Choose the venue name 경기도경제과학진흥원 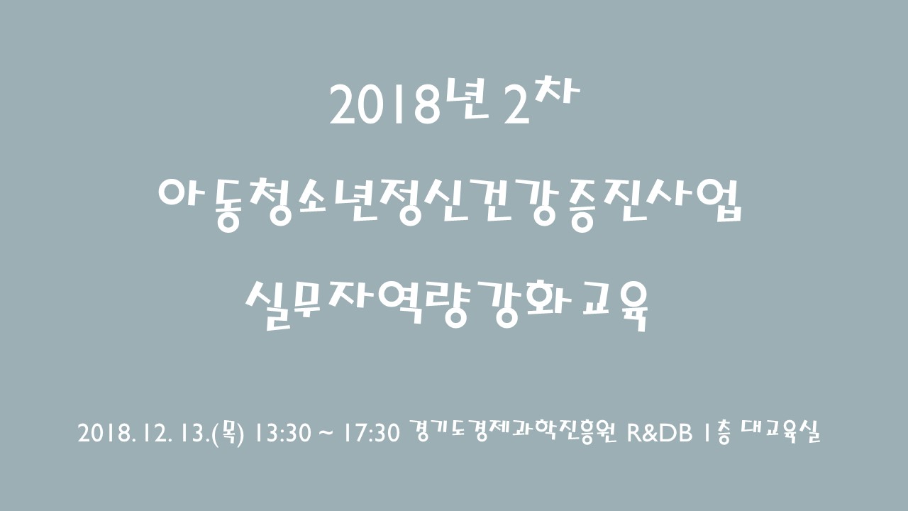(x=512, y=432)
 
